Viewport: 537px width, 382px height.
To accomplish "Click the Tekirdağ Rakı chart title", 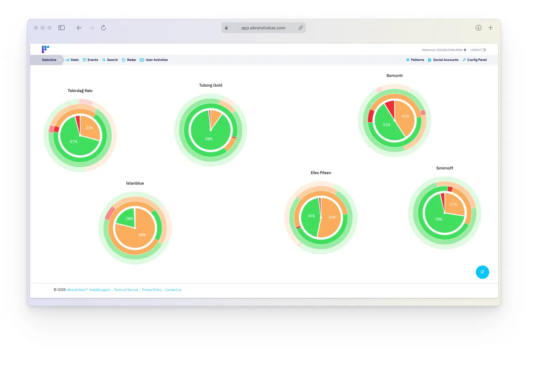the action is [80, 91].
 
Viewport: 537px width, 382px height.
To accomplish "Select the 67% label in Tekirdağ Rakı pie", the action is [73, 142].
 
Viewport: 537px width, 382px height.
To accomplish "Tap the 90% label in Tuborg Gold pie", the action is [209, 139].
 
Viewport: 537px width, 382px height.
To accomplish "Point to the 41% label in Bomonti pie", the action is [405, 116].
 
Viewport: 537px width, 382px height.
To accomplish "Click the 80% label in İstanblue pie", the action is [142, 235].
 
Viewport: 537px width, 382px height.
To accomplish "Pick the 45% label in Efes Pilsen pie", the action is [311, 216].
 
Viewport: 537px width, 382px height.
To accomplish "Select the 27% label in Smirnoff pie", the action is [454, 205].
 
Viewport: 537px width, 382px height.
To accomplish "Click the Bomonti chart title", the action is [394, 76].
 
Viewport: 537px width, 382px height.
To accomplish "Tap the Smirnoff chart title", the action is [444, 168].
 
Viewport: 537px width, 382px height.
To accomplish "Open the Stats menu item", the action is [72, 60].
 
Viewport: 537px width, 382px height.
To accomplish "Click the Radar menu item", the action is [129, 60].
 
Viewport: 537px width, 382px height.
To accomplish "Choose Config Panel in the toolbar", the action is [474, 60].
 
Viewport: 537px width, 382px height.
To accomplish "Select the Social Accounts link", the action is [443, 60].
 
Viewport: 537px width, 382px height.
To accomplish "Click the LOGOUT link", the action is [478, 50].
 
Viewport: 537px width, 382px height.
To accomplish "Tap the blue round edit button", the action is [482, 272].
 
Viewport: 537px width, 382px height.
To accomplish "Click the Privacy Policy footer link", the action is [151, 290].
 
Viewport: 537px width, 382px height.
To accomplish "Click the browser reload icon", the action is [103, 28].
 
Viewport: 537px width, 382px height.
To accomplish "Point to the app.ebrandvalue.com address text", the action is [263, 28].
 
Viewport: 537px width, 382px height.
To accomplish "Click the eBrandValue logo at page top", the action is [45, 49].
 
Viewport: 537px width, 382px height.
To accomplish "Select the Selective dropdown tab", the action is [49, 60].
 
